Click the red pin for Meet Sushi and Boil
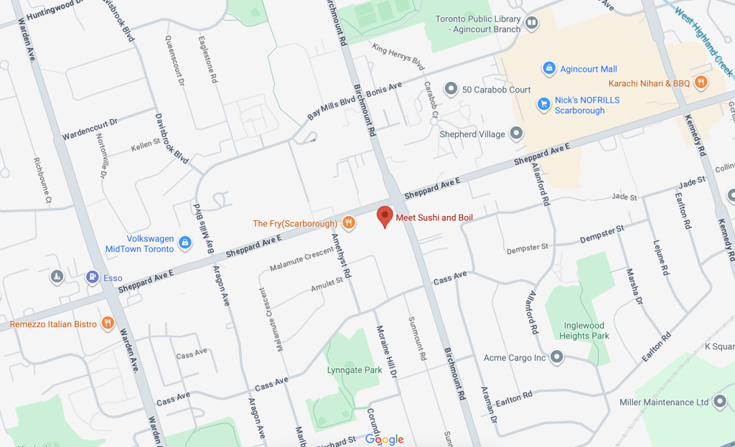(x=385, y=216)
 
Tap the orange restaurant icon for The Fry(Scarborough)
(x=348, y=223)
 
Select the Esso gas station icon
(x=92, y=277)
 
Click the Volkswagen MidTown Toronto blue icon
(x=185, y=243)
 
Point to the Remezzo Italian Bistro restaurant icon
(x=108, y=324)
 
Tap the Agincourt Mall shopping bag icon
(x=549, y=68)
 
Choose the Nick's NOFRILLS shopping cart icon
(x=544, y=105)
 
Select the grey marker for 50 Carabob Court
(x=451, y=89)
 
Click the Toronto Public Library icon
(x=532, y=24)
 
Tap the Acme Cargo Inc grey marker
(x=557, y=357)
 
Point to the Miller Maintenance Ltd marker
(x=721, y=402)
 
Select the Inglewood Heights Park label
(x=584, y=330)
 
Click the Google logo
(x=384, y=439)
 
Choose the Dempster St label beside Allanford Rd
(x=527, y=248)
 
